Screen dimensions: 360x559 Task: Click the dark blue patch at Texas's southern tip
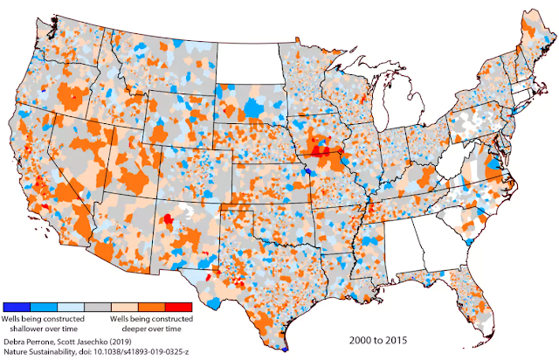[x=286, y=348]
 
